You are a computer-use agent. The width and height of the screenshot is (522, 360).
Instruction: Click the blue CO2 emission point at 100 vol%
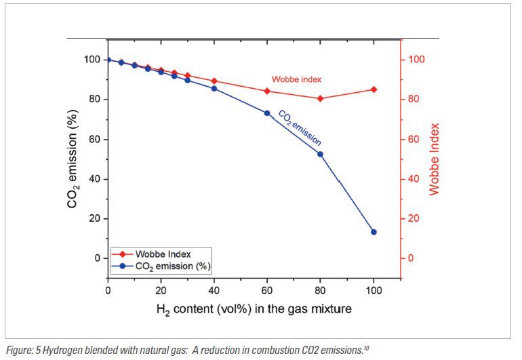(374, 232)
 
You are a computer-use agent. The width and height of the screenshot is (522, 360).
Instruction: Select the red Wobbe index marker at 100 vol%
(374, 89)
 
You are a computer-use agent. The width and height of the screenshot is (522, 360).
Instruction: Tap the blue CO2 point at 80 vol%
(320, 154)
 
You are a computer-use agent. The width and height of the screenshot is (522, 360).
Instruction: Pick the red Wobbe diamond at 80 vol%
(320, 98)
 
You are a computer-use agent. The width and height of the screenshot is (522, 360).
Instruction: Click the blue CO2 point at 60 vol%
(267, 113)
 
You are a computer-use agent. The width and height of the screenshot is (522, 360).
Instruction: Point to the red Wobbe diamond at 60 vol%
(267, 91)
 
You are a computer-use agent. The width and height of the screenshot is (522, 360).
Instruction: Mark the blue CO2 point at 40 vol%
(214, 89)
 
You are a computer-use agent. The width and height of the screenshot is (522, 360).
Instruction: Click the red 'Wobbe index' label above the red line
(296, 79)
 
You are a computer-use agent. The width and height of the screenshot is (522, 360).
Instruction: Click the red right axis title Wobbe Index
(435, 159)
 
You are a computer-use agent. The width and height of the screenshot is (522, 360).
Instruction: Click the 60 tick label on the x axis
(267, 291)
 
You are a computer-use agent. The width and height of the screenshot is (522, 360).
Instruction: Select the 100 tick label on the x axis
(374, 291)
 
